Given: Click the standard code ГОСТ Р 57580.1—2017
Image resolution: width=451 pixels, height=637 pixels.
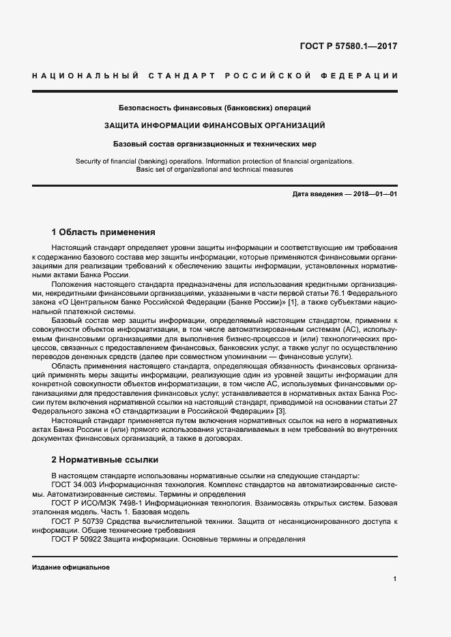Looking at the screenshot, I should [x=348, y=47].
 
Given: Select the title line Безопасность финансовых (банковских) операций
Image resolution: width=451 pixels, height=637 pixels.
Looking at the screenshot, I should [x=214, y=108].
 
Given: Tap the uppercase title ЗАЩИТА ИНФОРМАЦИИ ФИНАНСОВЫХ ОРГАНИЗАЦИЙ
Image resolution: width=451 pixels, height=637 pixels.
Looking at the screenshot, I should [x=214, y=125].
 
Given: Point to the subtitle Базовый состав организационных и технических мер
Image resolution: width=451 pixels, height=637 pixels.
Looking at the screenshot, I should [x=214, y=144].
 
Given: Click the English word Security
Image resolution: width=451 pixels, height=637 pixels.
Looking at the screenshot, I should [x=89, y=161].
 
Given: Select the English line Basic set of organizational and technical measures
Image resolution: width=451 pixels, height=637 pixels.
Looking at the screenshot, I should [x=214, y=170].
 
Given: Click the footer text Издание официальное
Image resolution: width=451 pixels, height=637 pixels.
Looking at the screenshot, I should [x=70, y=567].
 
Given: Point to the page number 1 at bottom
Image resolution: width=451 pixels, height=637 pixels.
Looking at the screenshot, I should [x=395, y=579].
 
